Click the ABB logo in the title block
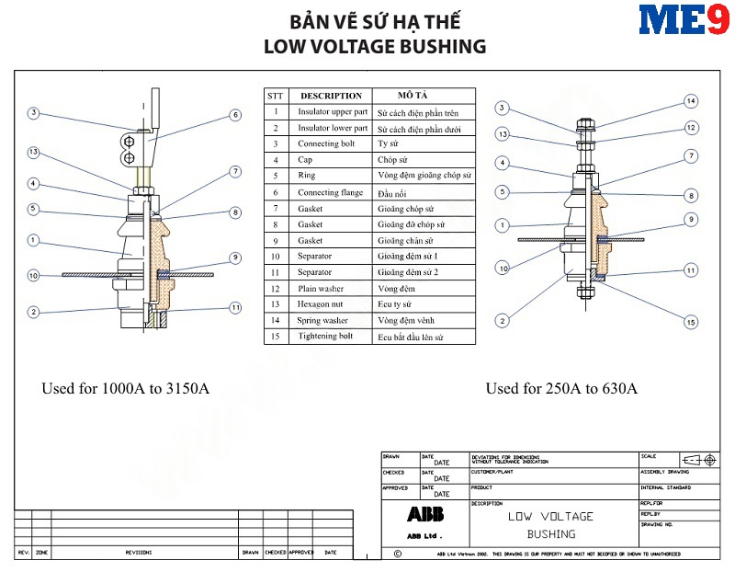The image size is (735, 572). pos(425,515)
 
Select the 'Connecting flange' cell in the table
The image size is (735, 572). pos(331,192)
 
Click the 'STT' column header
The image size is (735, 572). pos(275,96)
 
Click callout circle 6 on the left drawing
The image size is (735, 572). pos(235,115)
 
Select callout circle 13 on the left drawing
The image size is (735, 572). pos(33,152)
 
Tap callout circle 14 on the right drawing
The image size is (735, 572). pos(691,101)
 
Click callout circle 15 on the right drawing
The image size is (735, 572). pos(691,322)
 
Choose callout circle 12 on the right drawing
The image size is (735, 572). pos(691,128)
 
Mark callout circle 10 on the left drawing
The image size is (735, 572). pos(33,275)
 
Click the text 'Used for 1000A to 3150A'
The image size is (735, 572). pos(125,388)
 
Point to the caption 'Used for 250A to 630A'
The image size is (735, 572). pos(561,388)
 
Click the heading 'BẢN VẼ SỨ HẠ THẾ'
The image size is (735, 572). pos(375,21)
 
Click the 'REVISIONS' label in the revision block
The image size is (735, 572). pos(139,553)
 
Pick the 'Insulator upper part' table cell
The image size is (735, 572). pos(331,112)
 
